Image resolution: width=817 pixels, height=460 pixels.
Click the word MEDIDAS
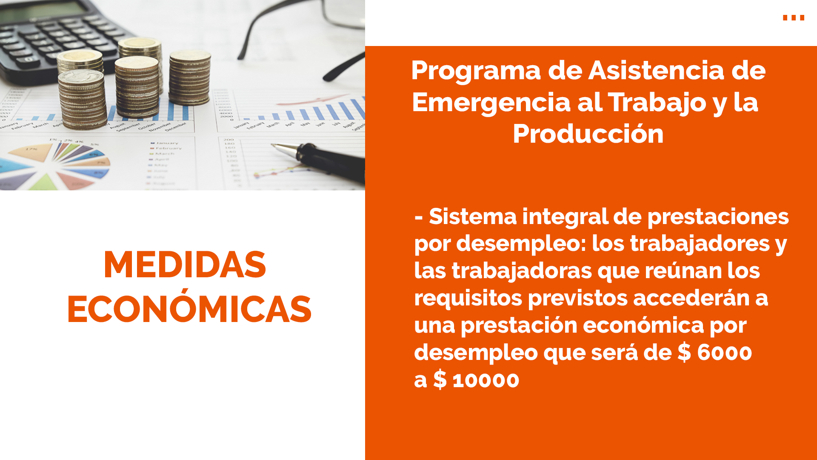(x=185, y=265)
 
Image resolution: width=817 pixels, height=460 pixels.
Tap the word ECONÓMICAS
(x=189, y=306)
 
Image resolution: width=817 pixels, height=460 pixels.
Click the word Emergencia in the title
(x=491, y=103)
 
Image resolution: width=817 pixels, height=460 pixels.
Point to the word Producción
(x=588, y=134)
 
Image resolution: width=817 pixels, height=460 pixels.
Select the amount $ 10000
(x=476, y=379)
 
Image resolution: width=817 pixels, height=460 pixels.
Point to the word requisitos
(x=468, y=298)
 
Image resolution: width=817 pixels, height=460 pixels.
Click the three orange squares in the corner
(x=794, y=17)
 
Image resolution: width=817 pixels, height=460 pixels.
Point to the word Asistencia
(x=656, y=71)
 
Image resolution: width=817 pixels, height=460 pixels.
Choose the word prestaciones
(x=718, y=217)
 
